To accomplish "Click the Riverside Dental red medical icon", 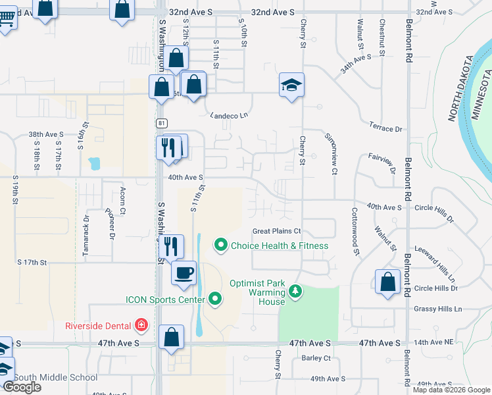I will point(140,325).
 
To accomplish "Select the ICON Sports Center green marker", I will point(215,300).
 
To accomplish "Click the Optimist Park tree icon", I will point(295,290).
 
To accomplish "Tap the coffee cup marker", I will point(184,272).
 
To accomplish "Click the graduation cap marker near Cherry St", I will point(291,85).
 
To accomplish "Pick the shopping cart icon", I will point(6,16).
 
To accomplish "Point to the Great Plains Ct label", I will point(277,231).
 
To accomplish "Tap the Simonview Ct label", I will point(330,153).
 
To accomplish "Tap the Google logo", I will point(22,387).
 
